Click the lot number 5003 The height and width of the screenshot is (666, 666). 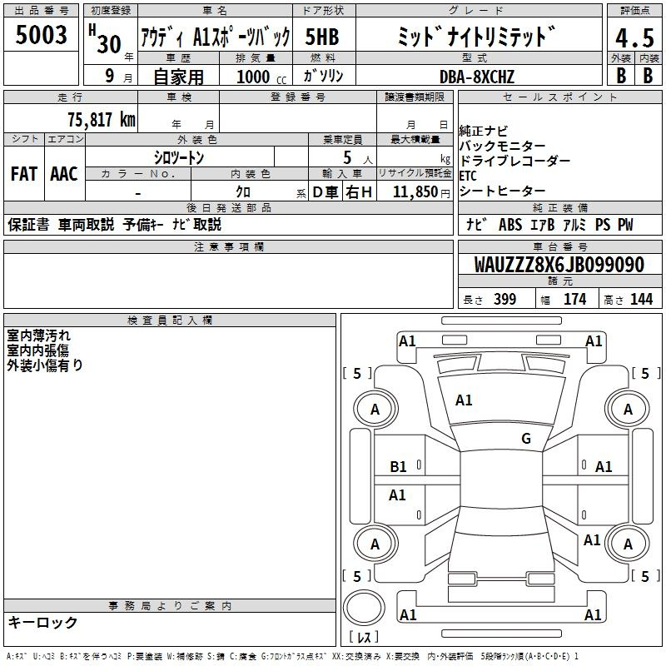point(41,34)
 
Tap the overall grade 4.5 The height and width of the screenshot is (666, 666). point(634,37)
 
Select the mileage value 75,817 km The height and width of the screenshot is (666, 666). point(102,120)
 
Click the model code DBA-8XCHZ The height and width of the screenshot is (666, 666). point(477,77)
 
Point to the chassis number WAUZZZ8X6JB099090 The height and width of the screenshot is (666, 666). point(559,265)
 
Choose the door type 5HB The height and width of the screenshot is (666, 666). point(322,37)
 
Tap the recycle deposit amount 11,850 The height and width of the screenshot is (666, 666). point(415,191)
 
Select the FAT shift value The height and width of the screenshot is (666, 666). point(24,174)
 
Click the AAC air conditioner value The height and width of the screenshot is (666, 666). point(64,174)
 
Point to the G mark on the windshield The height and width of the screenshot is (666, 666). point(526,438)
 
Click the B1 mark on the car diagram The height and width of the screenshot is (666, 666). point(398,467)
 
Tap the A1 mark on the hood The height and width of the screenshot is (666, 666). point(464,400)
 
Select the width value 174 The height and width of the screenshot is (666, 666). point(574,299)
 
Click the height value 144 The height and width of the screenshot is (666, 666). point(641,299)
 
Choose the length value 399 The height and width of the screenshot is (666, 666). point(504,299)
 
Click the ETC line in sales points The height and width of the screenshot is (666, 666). point(468,176)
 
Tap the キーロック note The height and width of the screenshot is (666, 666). point(43,622)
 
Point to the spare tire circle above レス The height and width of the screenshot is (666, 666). point(364,608)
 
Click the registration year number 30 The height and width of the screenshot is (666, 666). point(109,44)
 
